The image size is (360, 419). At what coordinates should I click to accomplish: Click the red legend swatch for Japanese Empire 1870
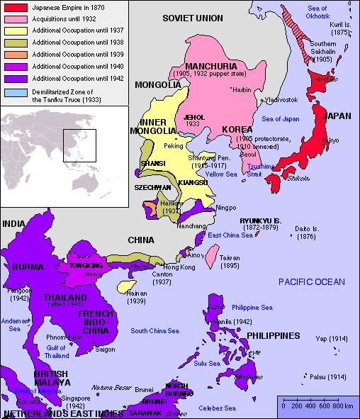(15, 6)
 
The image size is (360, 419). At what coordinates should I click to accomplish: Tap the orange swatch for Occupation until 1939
(15, 55)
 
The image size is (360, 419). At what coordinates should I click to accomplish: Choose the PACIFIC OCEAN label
(311, 281)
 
